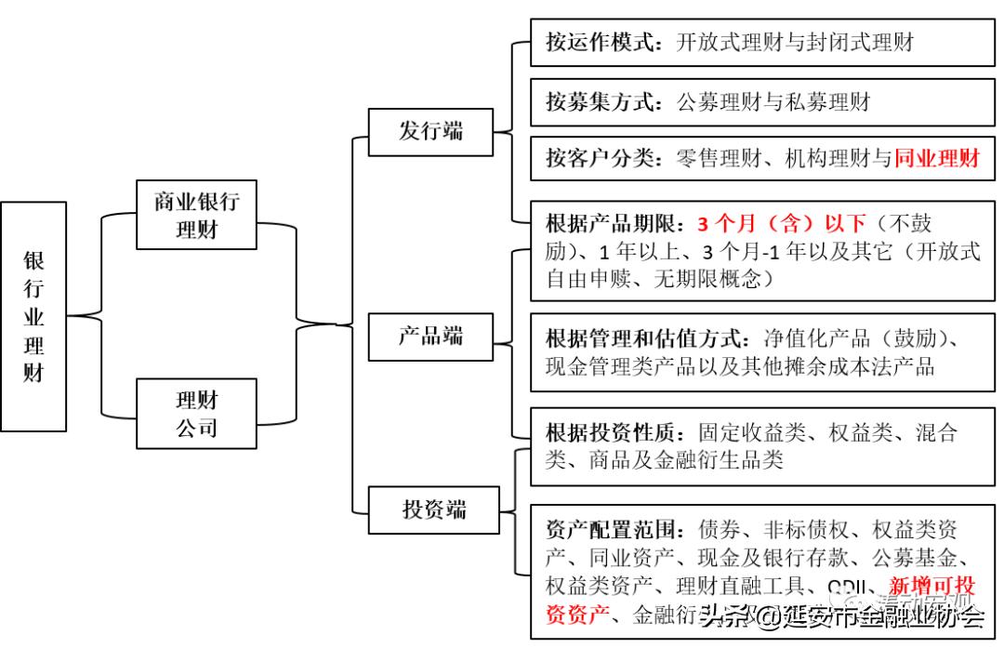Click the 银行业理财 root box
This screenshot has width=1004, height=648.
(33, 316)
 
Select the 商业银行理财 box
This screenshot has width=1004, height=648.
(196, 215)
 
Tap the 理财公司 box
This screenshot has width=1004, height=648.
(196, 414)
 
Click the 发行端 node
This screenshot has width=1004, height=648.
(430, 131)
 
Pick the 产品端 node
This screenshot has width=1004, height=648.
(430, 336)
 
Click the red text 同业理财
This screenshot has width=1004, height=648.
(937, 159)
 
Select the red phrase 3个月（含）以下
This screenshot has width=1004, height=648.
(781, 223)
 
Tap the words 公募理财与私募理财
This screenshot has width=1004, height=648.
(773, 100)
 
